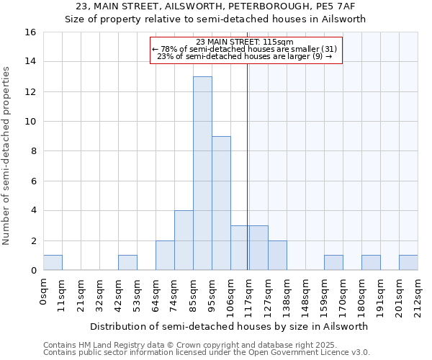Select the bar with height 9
221,203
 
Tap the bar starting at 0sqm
53,263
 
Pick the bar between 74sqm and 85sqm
184,240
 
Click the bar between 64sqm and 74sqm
165,256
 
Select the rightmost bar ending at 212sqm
408,263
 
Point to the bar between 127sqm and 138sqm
277,256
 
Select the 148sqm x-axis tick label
306,294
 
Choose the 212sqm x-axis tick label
418,294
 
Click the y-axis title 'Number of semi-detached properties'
7,155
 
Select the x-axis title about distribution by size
230,326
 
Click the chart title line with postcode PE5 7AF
216,6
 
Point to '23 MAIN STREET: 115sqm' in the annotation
245,42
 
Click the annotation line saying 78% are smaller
245,49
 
